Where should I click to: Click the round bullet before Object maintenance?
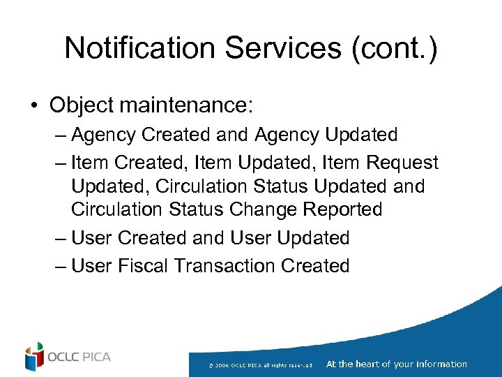point(33,106)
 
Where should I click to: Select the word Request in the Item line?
point(402,163)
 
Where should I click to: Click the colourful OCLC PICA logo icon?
point(34,357)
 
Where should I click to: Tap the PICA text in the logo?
point(96,357)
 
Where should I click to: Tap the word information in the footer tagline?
point(441,364)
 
